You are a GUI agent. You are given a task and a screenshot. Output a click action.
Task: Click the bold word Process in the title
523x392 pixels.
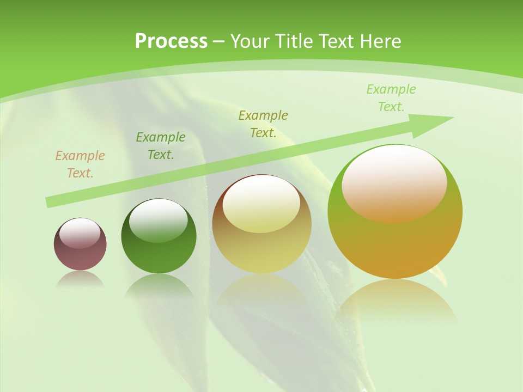click(x=171, y=41)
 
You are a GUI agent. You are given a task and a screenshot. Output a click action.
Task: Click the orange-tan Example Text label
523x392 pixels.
click(x=80, y=164)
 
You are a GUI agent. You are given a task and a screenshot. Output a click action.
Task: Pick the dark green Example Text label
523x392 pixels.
click(x=161, y=146)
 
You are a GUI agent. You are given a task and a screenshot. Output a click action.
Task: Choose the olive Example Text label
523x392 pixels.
click(x=263, y=124)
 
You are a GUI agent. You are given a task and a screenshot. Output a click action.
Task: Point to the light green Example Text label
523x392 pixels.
click(x=391, y=98)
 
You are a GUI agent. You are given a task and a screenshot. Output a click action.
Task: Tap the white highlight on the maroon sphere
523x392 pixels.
click(x=80, y=234)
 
